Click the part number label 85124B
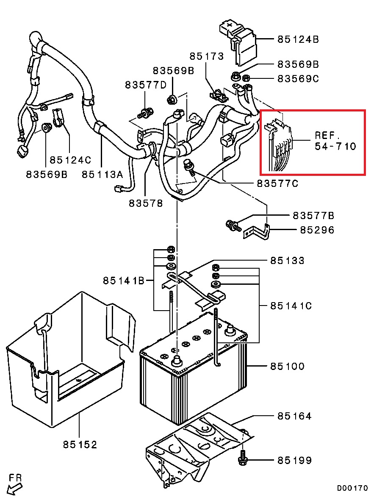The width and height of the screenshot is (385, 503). (298, 40)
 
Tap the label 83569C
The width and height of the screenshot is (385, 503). (298, 79)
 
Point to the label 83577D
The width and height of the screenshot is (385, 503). (146, 85)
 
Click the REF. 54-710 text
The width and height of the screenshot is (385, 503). (335, 141)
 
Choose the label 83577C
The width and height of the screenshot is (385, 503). (277, 183)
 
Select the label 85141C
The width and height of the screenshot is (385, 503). (291, 306)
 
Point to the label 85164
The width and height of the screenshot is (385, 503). (294, 417)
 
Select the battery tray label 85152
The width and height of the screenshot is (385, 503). (80, 445)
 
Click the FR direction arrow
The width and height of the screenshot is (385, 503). (15, 486)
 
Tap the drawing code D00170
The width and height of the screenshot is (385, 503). (352, 488)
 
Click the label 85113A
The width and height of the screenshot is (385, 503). (102, 174)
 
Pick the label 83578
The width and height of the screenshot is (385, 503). (146, 203)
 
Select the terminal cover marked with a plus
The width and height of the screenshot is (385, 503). (237, 40)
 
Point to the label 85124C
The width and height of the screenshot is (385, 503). (70, 160)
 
